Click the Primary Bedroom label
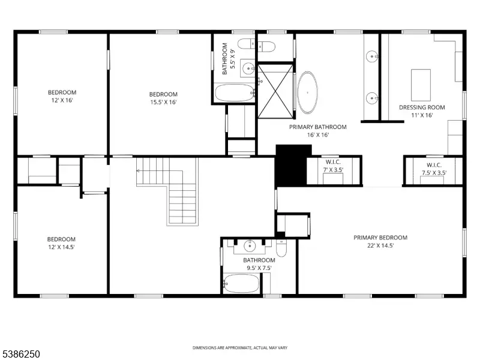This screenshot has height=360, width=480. [x=380, y=238]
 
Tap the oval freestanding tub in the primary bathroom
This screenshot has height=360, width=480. [x=307, y=92]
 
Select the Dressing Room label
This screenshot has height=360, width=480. [x=422, y=107]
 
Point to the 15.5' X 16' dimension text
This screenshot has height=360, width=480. [x=163, y=102]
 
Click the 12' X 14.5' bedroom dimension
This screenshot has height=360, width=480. [x=61, y=247]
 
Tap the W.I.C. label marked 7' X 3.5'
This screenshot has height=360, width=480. [x=333, y=162]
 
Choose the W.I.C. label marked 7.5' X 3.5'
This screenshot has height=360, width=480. [x=434, y=165]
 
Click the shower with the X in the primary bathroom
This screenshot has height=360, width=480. [x=275, y=91]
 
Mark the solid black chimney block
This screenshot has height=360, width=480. [x=291, y=166]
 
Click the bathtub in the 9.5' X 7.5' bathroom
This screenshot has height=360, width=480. [x=241, y=283]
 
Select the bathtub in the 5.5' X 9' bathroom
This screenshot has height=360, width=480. [x=235, y=93]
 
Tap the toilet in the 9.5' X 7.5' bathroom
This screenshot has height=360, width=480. [x=281, y=248]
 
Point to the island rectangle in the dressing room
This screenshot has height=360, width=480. [x=421, y=85]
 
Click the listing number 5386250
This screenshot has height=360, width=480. [x=20, y=354]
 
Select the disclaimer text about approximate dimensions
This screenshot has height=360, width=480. [x=240, y=348]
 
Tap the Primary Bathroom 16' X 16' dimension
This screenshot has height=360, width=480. [x=318, y=135]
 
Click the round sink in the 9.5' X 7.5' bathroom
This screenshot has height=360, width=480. [x=250, y=245]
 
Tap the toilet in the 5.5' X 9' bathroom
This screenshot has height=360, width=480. [x=246, y=44]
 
